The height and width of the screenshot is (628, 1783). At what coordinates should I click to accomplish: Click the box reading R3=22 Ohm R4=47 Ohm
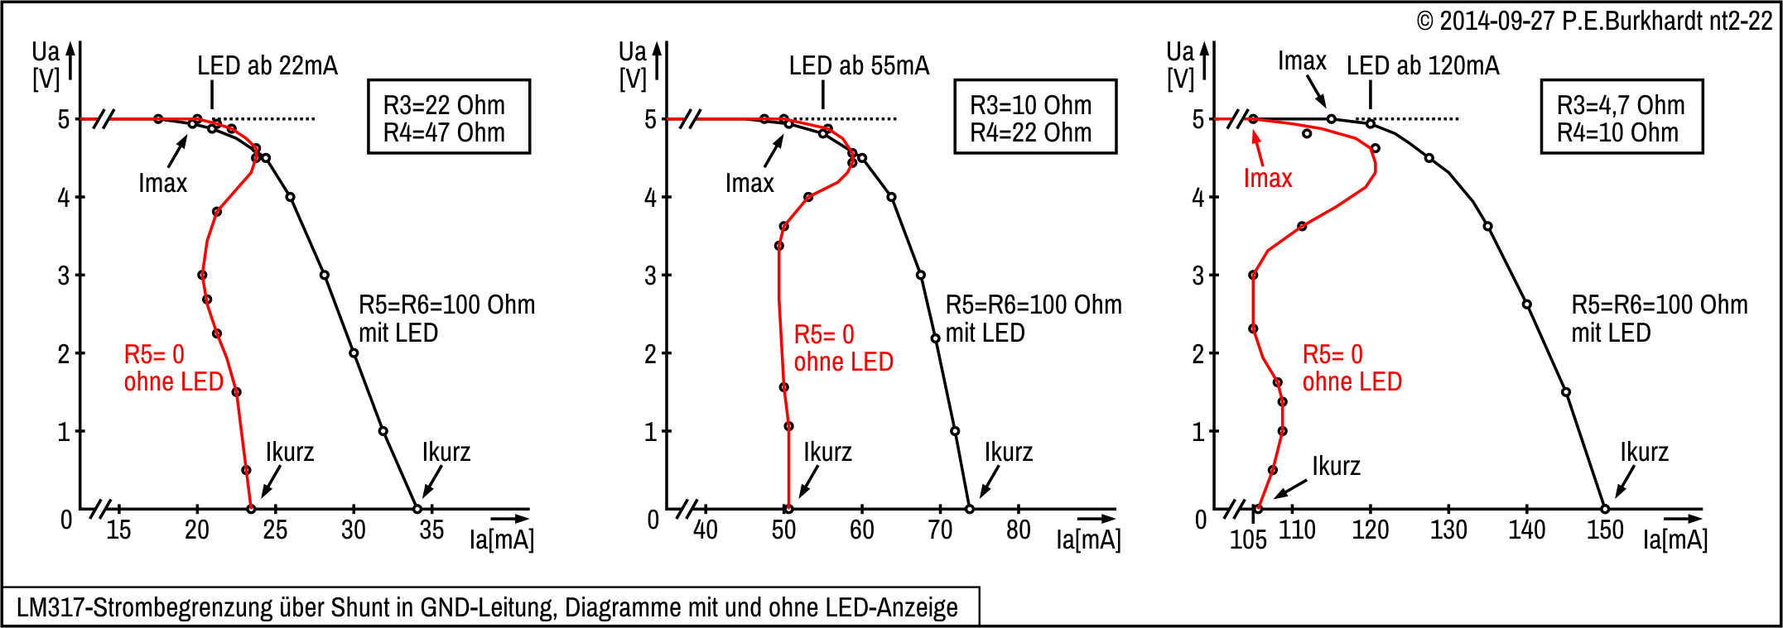pos(448,117)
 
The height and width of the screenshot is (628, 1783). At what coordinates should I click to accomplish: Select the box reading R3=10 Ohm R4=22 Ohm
pos(1034,117)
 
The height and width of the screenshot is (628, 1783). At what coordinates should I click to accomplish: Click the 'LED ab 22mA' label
pos(267,66)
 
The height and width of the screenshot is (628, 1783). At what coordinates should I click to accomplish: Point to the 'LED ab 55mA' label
pos(859,66)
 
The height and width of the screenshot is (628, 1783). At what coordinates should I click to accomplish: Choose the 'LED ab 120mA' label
pos(1422,66)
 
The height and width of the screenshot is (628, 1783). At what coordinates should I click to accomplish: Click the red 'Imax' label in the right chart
pos(1267,179)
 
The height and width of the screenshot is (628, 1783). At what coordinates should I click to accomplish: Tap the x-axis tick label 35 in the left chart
pos(431,530)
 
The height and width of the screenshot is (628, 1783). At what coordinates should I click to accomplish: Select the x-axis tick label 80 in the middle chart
pos(1018,530)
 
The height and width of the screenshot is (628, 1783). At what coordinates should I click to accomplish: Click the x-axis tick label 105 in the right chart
pos(1247,539)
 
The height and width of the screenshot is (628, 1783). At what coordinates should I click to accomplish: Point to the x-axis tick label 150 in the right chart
pos(1604,530)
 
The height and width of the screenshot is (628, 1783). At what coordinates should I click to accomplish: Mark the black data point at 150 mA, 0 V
pos(1604,509)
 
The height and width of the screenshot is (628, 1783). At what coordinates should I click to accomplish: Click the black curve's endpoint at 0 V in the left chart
pos(417,509)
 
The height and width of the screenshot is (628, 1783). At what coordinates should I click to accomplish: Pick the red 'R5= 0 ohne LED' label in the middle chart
pos(843,348)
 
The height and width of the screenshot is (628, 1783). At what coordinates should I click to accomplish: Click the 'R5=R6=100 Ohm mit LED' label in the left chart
pos(446,319)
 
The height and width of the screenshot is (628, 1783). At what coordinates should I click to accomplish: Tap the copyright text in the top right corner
pos(1594,21)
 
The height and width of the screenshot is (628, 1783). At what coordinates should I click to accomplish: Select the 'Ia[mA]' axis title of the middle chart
pos(1087,540)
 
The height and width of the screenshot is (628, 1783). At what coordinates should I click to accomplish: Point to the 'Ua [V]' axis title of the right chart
pos(1180,65)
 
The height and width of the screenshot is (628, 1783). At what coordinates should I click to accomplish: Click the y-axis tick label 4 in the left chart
pos(64,198)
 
